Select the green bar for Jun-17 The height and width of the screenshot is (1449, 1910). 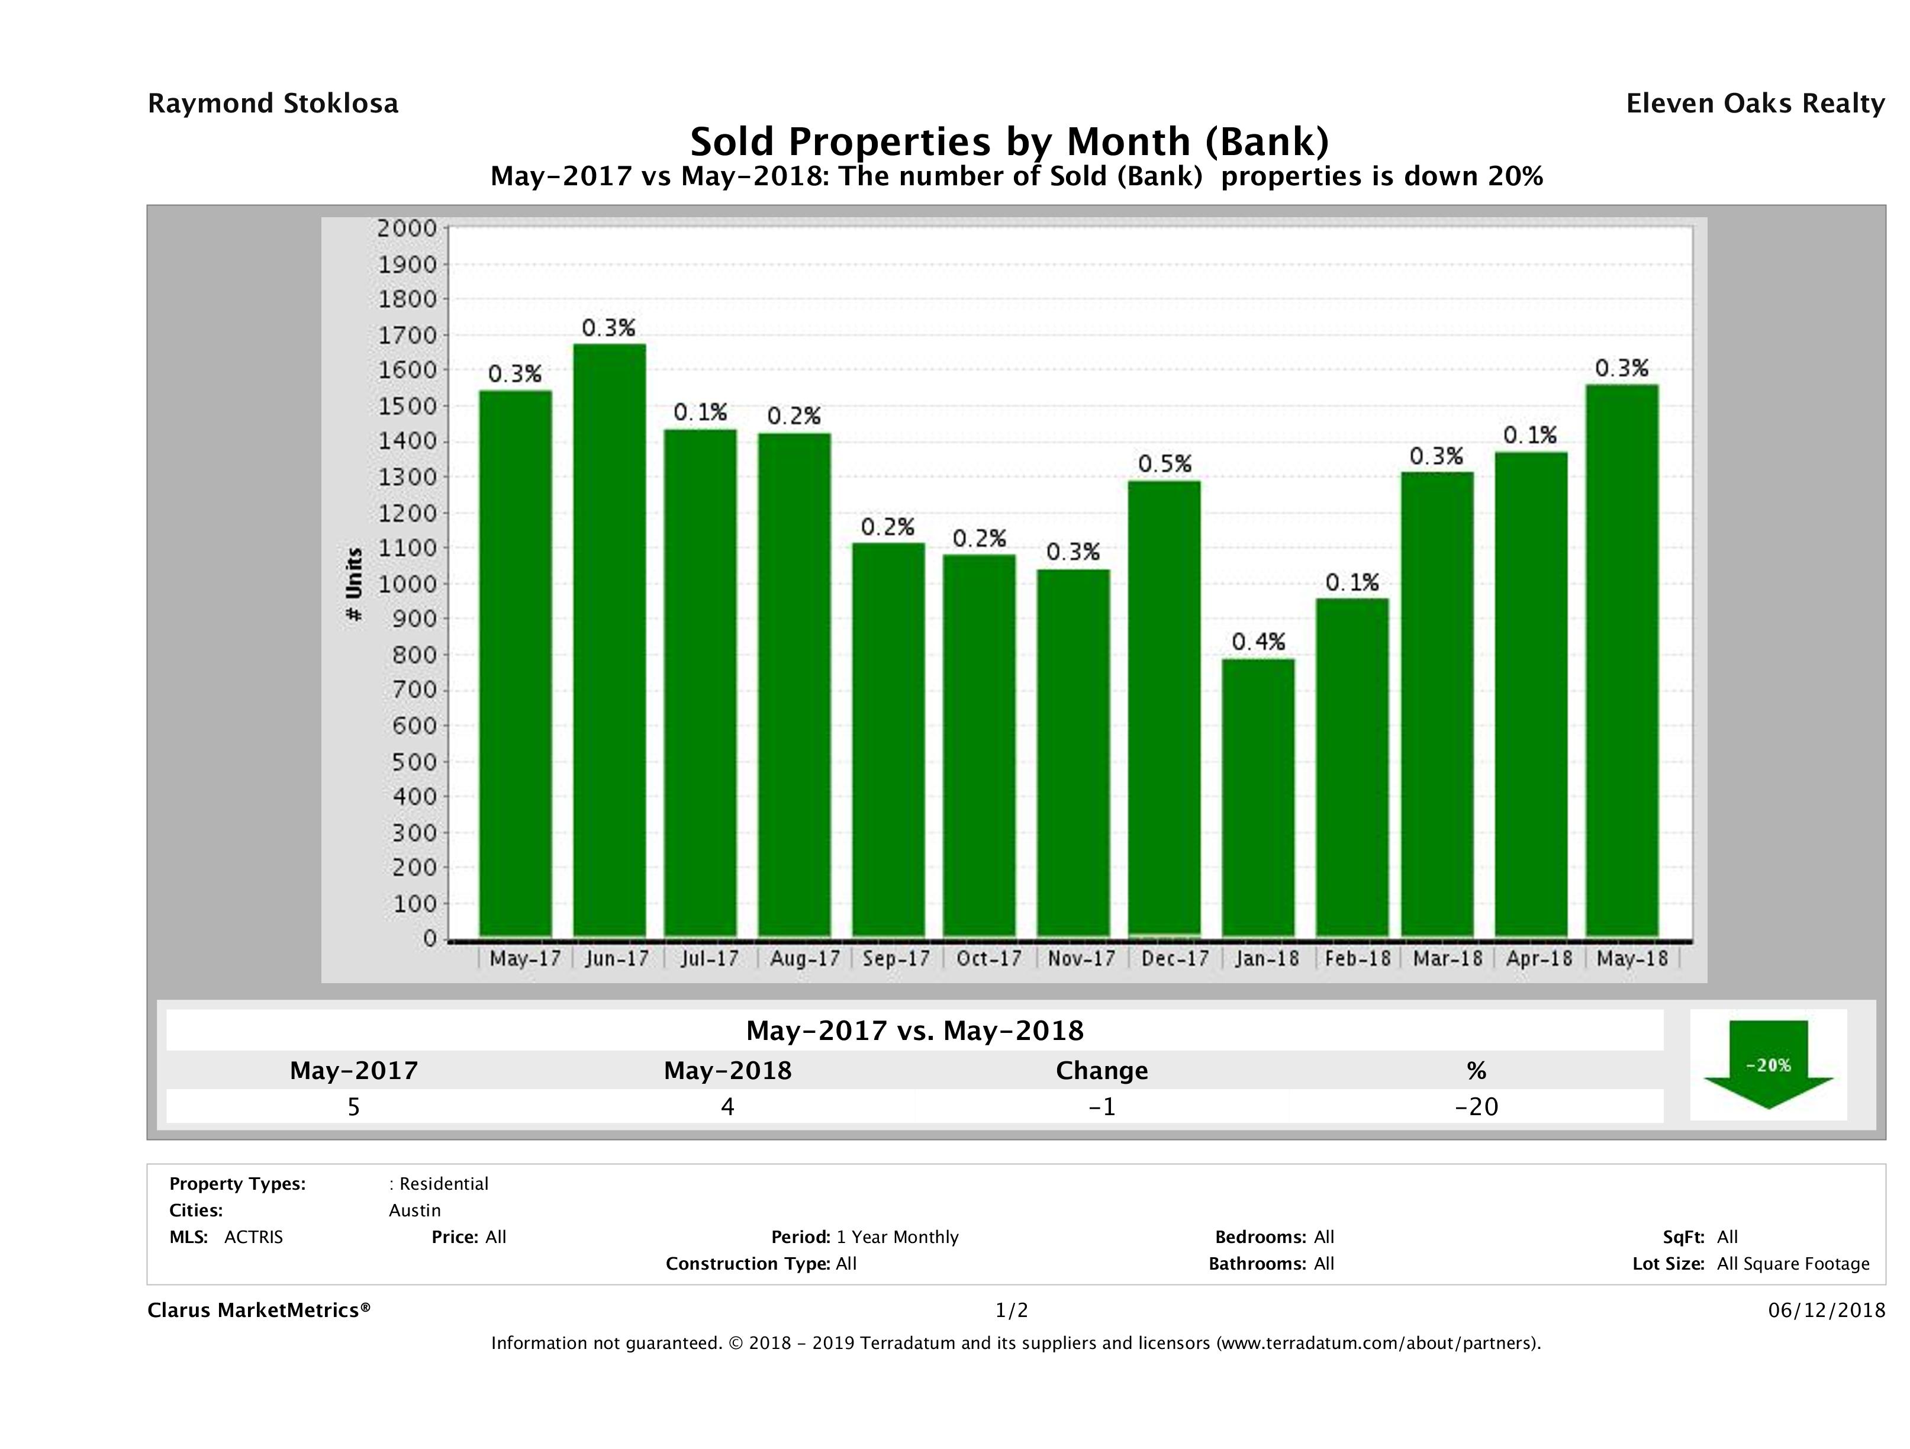(x=610, y=639)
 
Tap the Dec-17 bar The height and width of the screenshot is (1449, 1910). (x=1164, y=708)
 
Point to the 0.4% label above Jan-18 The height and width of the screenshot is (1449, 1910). (x=1258, y=642)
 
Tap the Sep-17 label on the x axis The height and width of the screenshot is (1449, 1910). (x=896, y=958)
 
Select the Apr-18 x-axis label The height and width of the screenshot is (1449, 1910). (x=1539, y=958)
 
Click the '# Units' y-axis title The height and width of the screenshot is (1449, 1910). (x=354, y=585)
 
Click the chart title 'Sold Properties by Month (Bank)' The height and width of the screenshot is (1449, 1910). (x=1009, y=141)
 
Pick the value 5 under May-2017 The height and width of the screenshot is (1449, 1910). (x=353, y=1106)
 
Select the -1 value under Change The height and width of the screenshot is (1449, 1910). (x=1102, y=1106)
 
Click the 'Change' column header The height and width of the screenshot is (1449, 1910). (x=1102, y=1071)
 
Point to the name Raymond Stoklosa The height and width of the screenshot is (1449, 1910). (x=273, y=104)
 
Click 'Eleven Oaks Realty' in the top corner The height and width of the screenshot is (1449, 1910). (x=1754, y=104)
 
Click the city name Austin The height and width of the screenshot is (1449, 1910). (x=414, y=1210)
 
